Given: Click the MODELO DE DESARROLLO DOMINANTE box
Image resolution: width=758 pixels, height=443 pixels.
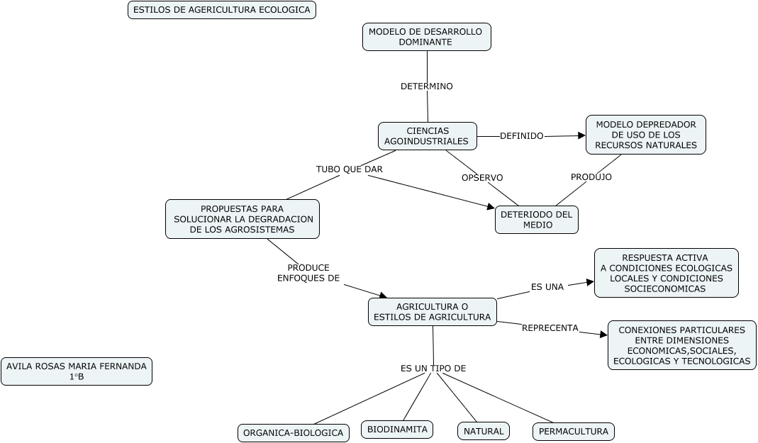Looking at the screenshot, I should (x=426, y=37).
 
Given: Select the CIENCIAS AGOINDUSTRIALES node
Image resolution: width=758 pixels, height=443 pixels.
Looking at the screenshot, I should (x=427, y=136).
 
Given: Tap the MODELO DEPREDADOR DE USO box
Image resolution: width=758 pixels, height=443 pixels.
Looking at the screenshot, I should (x=646, y=135).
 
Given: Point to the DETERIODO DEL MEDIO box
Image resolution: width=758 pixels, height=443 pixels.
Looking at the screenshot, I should (x=537, y=220).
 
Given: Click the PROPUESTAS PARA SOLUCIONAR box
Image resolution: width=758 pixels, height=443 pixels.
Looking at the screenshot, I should (x=242, y=219).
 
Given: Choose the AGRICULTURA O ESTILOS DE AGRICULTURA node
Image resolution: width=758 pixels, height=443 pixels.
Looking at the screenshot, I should (x=432, y=312).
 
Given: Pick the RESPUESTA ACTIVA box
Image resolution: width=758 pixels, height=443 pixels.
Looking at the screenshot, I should (x=666, y=273).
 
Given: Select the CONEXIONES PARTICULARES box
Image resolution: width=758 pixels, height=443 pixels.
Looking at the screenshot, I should (x=681, y=345).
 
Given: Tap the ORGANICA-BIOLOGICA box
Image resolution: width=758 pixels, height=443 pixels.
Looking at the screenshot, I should (x=293, y=432).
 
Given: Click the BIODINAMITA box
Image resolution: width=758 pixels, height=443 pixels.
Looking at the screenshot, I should (x=397, y=430).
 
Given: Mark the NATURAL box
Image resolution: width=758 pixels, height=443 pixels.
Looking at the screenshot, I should (x=483, y=431).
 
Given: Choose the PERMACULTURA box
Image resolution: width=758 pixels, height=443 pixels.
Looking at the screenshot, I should (x=573, y=431).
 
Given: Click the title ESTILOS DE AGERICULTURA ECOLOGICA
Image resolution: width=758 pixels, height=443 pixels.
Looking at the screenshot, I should (x=222, y=10).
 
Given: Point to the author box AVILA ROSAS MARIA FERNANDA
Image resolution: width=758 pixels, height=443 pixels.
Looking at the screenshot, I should (x=77, y=371).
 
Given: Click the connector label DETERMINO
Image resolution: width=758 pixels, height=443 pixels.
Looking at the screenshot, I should (x=426, y=86).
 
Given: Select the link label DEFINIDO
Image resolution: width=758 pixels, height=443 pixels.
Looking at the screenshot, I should (x=521, y=136).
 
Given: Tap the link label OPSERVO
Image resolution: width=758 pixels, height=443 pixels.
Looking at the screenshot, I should (x=482, y=177).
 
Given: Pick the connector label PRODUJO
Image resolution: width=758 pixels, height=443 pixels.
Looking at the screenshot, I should (x=591, y=177).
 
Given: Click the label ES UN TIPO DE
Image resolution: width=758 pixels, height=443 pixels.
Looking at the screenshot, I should (x=433, y=369).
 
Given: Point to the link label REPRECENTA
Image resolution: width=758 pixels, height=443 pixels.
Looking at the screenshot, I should (x=550, y=328).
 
